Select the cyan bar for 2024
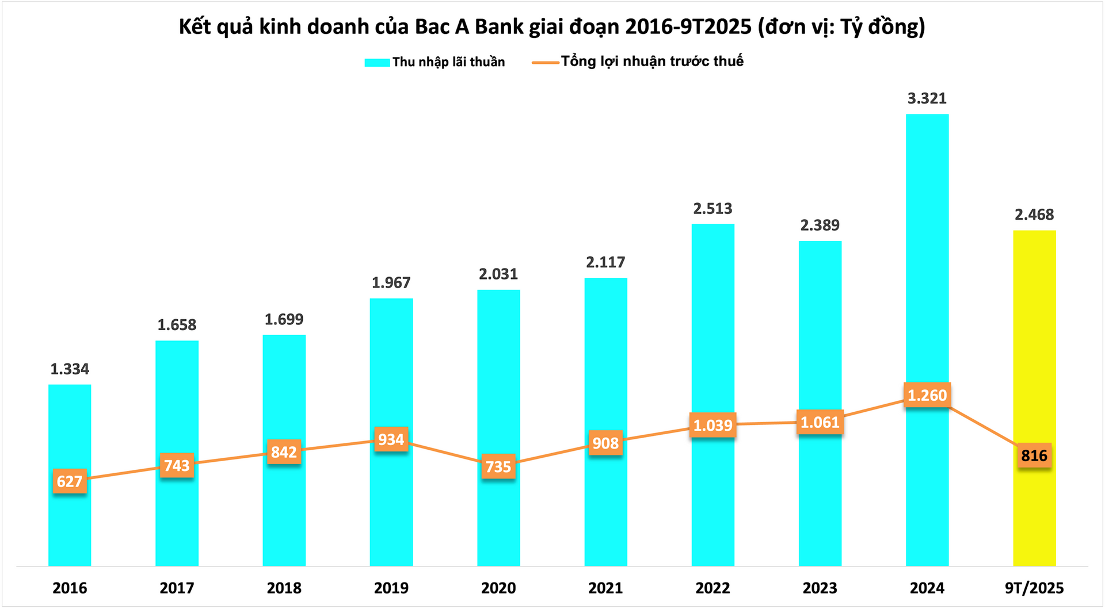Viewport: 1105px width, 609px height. [927, 259]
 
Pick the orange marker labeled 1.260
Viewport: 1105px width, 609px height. [927, 395]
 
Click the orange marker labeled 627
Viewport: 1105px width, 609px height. [70, 481]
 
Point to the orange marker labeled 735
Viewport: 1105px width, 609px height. [498, 466]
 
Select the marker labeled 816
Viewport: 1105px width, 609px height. [1034, 455]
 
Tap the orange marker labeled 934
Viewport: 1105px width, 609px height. [391, 439]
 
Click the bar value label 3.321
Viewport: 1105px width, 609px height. [927, 98]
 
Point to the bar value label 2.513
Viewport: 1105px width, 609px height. [712, 208]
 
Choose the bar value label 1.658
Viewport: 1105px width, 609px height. [177, 325]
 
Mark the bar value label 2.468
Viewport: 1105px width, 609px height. [1034, 215]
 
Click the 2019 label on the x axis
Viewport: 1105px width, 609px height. [391, 588]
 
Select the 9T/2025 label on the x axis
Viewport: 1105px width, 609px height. [1034, 588]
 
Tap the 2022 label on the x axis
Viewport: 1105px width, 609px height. [712, 588]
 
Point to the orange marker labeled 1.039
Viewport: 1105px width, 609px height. [712, 425]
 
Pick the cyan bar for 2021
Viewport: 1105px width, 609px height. [605, 357]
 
